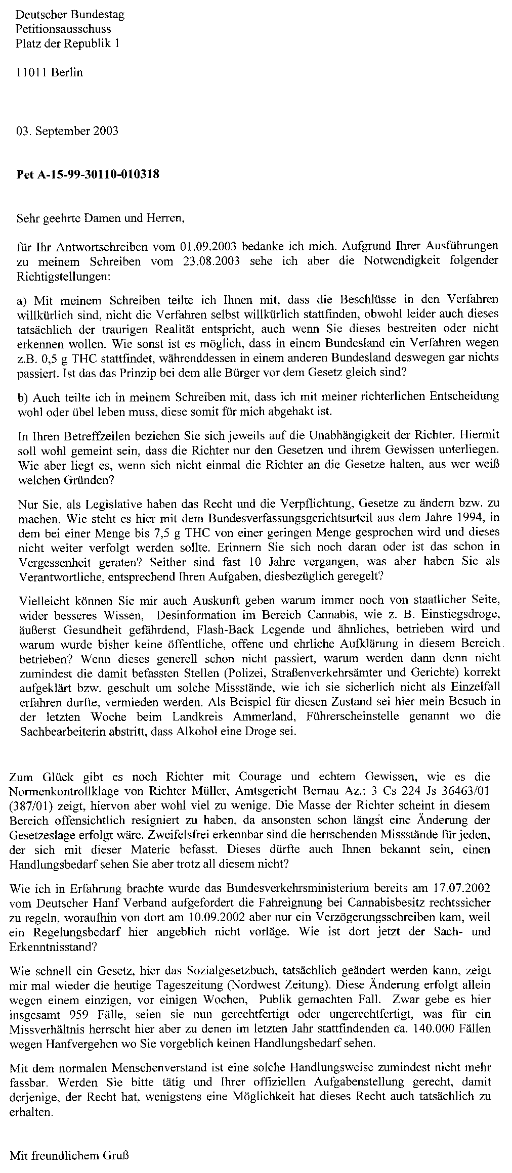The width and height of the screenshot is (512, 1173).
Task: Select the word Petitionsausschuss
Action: coord(63,29)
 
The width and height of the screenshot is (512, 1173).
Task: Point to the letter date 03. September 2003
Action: coord(67,131)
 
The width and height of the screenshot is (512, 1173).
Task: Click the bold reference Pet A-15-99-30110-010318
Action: coord(89,175)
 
